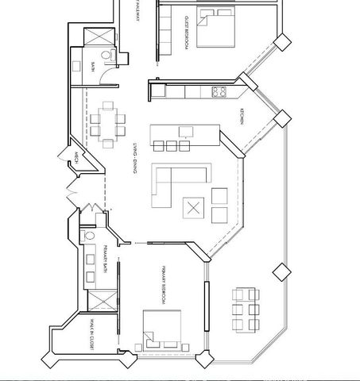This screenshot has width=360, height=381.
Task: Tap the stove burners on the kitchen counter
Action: tap(219, 92)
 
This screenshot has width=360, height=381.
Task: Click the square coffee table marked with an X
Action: tap(194, 209)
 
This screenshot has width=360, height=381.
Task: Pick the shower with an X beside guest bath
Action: tap(99, 37)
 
